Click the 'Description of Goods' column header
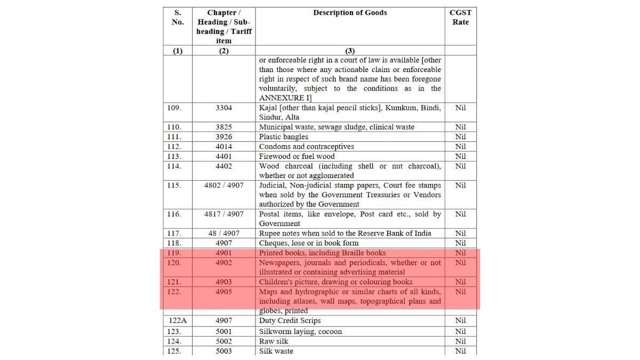pyautogui.click(x=350, y=13)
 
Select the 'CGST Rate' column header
pyautogui.click(x=460, y=17)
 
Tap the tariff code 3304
pyautogui.click(x=223, y=108)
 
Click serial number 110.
pyautogui.click(x=174, y=127)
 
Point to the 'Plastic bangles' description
pyautogui.click(x=283, y=137)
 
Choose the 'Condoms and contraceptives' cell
pyautogui.click(x=306, y=147)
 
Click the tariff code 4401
pyautogui.click(x=223, y=156)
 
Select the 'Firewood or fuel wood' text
pyautogui.click(x=297, y=156)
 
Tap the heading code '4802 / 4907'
pyautogui.click(x=223, y=186)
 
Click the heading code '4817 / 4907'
pyautogui.click(x=223, y=214)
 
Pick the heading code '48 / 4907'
pyautogui.click(x=223, y=234)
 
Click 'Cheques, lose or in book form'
pyautogui.click(x=309, y=243)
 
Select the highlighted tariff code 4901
pyautogui.click(x=223, y=253)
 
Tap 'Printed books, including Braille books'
pyautogui.click(x=322, y=253)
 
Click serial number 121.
pyautogui.click(x=174, y=282)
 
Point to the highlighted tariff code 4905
pyautogui.click(x=223, y=292)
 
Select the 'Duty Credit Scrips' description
pyautogui.click(x=290, y=321)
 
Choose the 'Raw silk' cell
pyautogui.click(x=274, y=341)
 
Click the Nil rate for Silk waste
pyautogui.click(x=460, y=351)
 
